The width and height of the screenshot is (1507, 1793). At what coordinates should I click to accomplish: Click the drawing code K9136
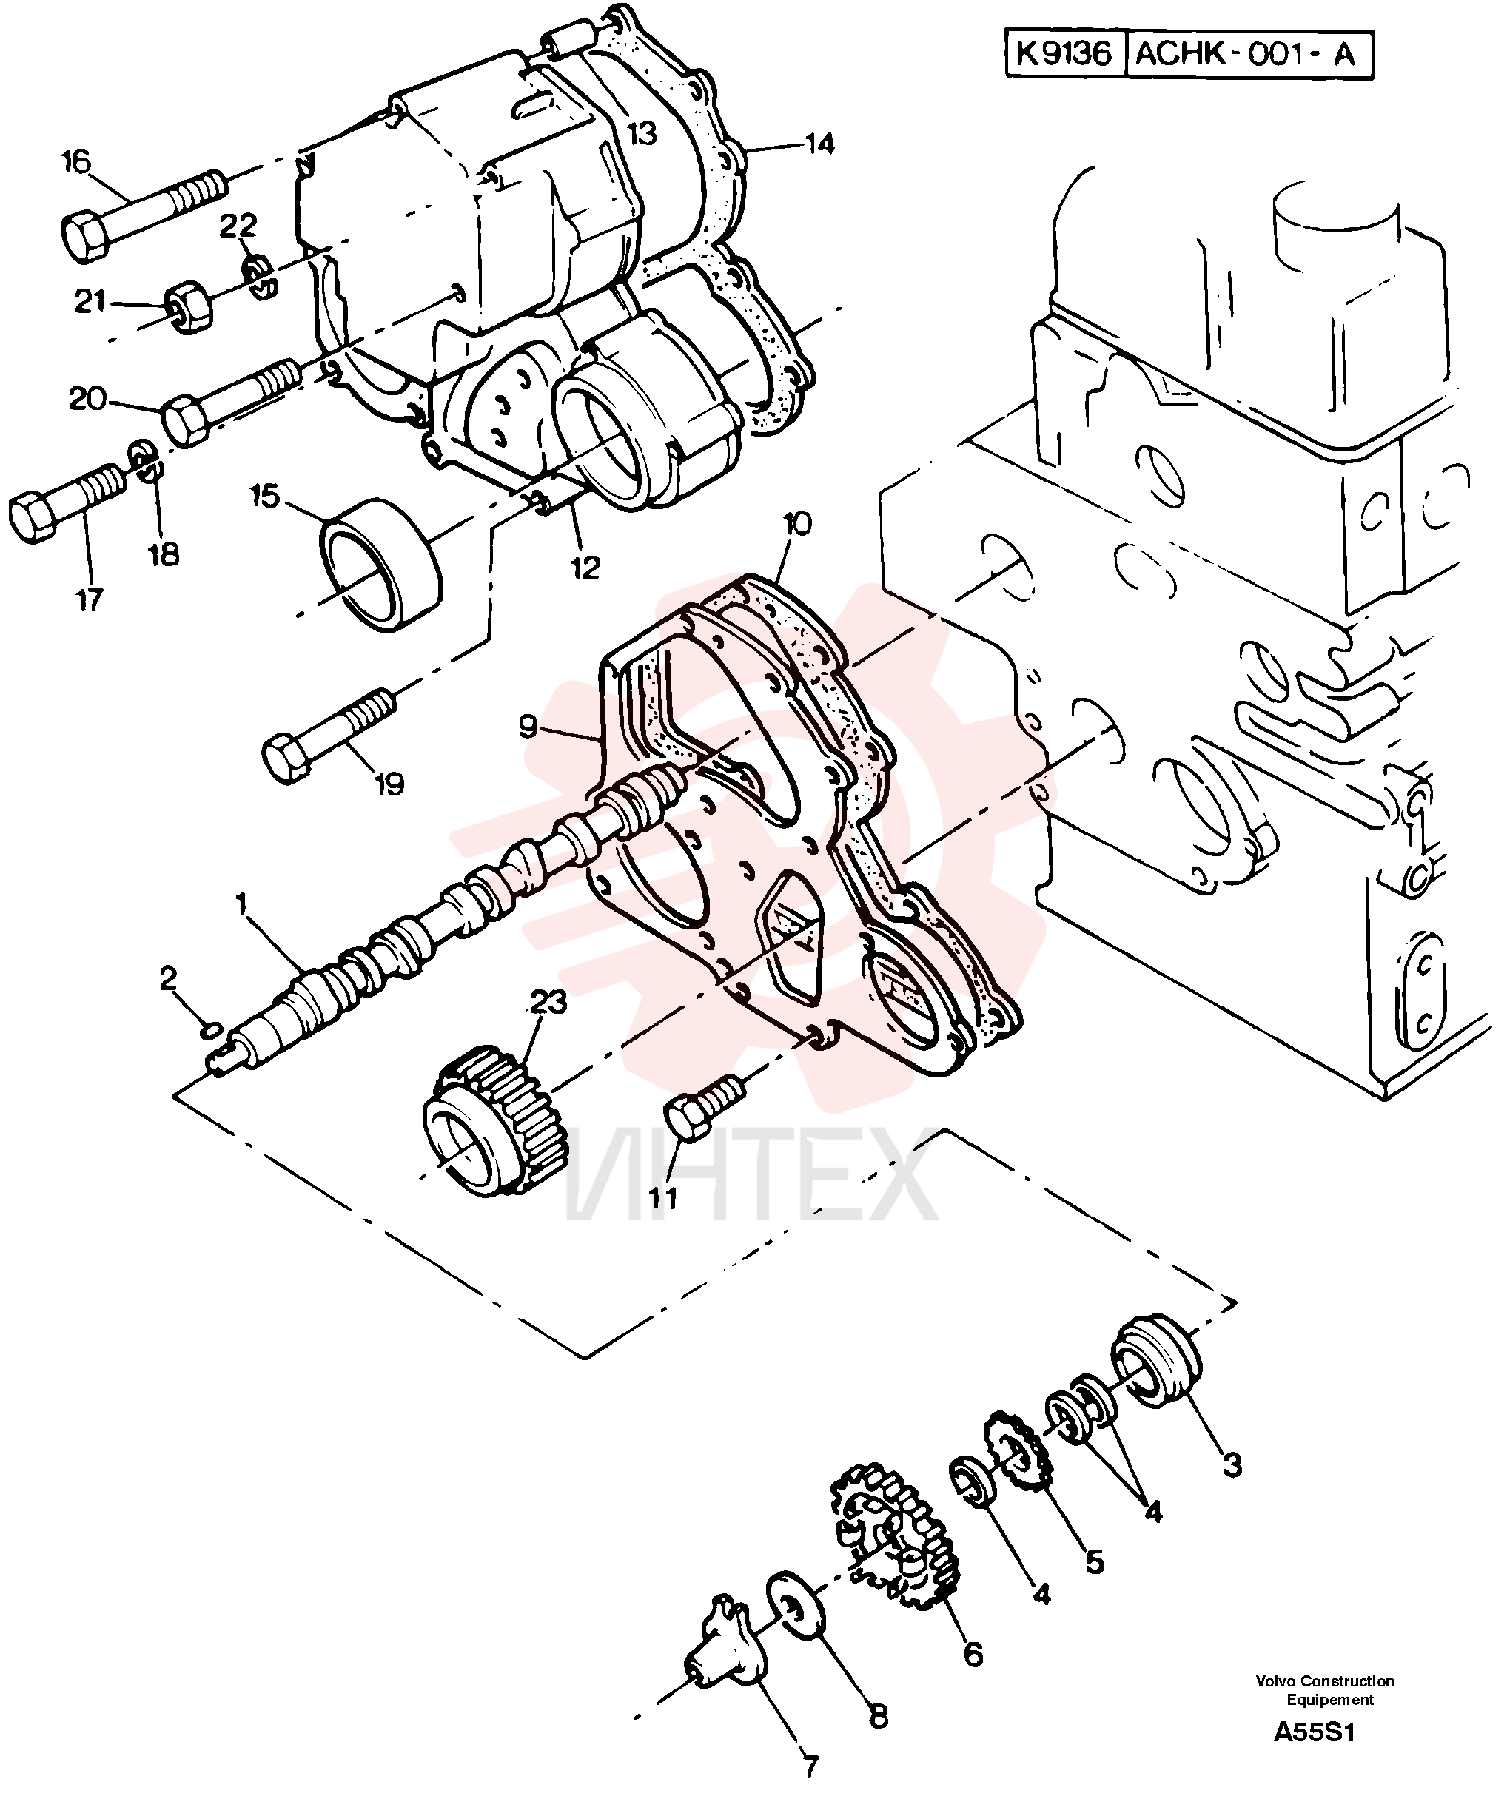click(x=1064, y=54)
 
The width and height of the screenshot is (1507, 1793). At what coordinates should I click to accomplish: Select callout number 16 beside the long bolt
click(x=76, y=161)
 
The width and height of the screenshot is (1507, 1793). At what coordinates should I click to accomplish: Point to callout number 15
click(x=265, y=497)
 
